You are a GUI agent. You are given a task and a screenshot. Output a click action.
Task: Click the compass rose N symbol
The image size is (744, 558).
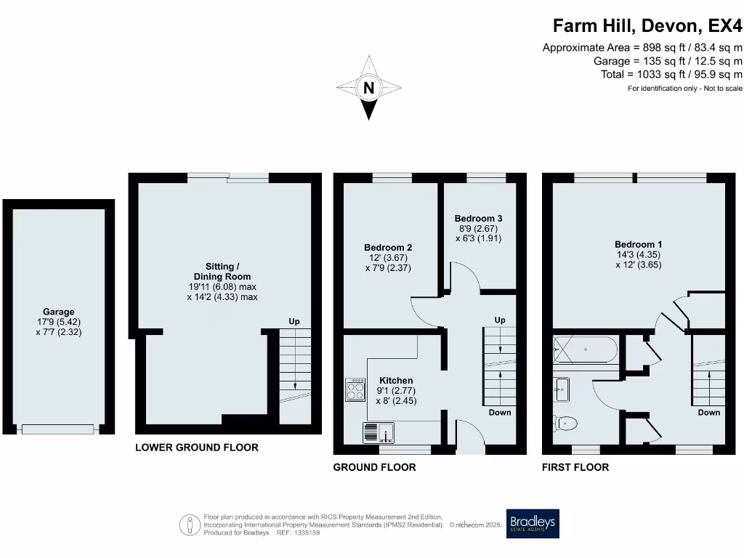click(x=369, y=89)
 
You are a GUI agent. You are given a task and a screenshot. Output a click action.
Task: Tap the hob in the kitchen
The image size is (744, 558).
click(x=356, y=390)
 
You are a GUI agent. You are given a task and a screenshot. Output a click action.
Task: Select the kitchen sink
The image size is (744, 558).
click(x=378, y=433)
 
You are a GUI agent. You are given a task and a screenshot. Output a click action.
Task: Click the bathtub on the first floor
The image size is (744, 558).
click(x=585, y=350)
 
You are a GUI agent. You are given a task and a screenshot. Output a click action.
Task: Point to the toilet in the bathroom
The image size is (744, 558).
click(x=565, y=422)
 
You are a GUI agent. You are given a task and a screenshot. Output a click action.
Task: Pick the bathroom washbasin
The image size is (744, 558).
click(x=562, y=389)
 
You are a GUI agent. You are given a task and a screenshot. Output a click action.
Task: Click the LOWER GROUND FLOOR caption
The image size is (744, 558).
click(x=196, y=448)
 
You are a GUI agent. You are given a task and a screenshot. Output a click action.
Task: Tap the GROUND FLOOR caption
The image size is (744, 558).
click(x=374, y=467)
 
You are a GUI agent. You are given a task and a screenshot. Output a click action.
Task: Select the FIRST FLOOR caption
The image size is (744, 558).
click(x=575, y=467)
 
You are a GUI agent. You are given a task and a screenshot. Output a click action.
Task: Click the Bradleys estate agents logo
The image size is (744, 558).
click(x=533, y=523)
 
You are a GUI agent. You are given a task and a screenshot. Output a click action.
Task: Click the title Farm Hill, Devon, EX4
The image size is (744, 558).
click(x=647, y=26)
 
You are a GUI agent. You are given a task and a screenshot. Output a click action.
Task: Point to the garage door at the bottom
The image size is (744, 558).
click(x=58, y=429)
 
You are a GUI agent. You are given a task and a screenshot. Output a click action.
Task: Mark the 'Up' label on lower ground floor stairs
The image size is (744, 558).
click(x=294, y=321)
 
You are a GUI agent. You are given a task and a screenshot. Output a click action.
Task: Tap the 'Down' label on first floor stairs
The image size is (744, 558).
click(x=708, y=412)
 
